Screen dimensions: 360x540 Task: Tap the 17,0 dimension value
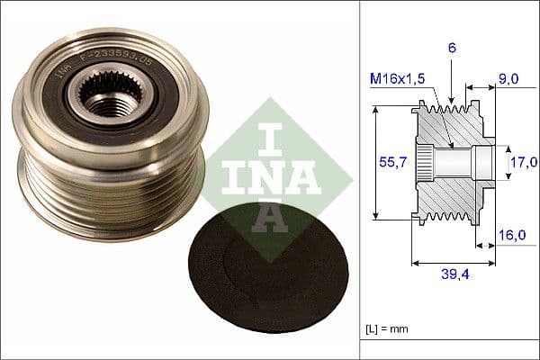(523, 162)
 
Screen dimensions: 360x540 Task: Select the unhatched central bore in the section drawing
(459, 162)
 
